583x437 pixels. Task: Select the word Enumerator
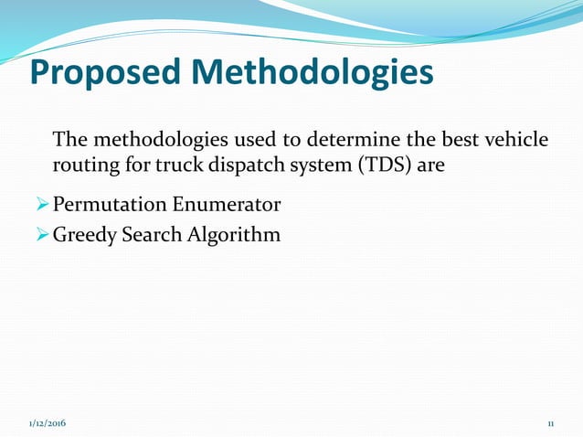227,203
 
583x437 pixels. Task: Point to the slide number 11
551,425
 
